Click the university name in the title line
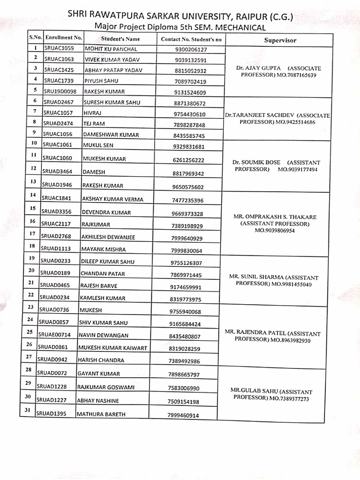click(x=180, y=16)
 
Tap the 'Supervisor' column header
click(x=280, y=40)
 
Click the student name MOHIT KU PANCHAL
click(x=110, y=49)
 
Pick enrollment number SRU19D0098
click(x=62, y=91)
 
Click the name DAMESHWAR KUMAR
click(x=111, y=135)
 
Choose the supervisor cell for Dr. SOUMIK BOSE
click(x=276, y=165)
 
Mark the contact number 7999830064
click(x=187, y=250)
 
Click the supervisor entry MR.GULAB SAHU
click(x=271, y=395)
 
